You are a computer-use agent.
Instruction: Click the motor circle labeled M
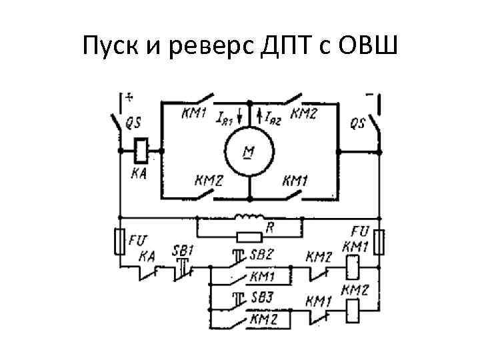coord(248,152)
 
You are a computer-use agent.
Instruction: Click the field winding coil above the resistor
coord(247,217)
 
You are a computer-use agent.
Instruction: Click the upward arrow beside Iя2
coord(259,119)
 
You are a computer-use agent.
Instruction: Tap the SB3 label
coord(261,297)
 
